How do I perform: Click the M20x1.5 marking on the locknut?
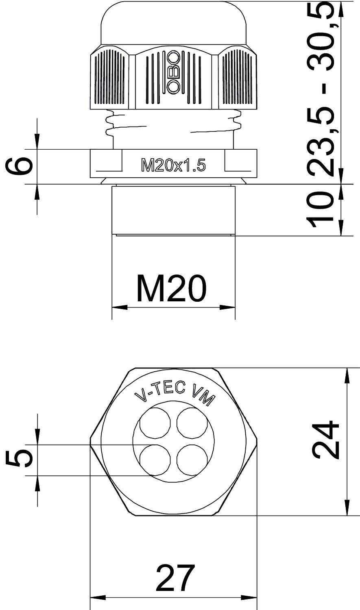pos(173,166)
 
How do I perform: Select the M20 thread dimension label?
pos(171,289)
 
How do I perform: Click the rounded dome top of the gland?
pos(174,22)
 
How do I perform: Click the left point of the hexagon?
pos(91,442)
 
